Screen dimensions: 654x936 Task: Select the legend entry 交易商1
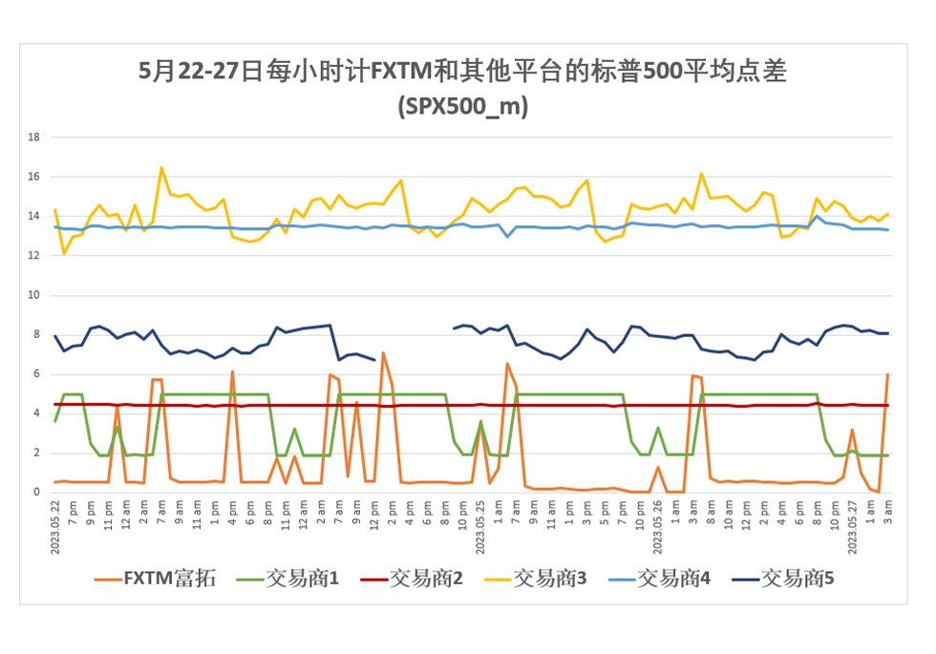(286, 578)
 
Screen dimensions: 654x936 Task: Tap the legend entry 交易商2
(410, 578)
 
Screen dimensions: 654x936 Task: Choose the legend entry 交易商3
(534, 578)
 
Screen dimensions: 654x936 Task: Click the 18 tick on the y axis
(33, 137)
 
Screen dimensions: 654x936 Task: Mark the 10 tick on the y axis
(33, 295)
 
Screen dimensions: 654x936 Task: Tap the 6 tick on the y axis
(36, 374)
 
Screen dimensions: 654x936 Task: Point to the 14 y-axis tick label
(33, 216)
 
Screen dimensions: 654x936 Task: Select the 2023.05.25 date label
(480, 522)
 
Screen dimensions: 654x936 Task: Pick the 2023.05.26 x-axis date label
(657, 522)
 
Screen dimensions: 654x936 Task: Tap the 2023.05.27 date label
(852, 522)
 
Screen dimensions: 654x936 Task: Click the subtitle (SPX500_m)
(462, 106)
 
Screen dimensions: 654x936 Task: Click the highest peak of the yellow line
(161, 168)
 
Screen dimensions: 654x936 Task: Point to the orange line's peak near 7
(383, 353)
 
